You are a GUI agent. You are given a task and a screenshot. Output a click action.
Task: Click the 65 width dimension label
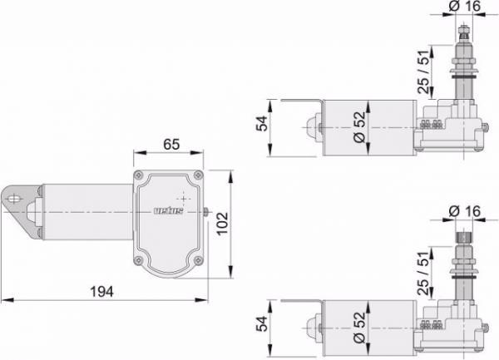(x=171, y=144)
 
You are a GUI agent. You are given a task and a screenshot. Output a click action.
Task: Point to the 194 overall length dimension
(x=101, y=292)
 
